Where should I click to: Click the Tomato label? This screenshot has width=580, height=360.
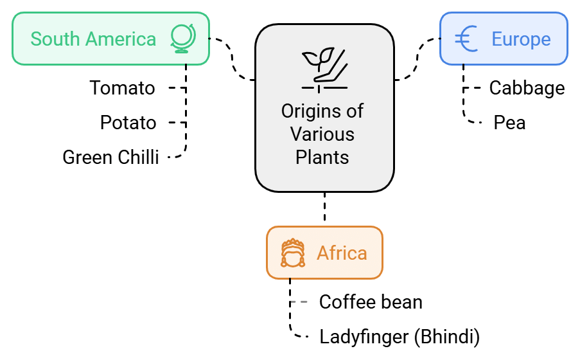pyautogui.click(x=122, y=88)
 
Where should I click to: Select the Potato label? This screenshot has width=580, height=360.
pyautogui.click(x=128, y=123)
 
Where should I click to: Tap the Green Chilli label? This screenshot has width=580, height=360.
pyautogui.click(x=110, y=157)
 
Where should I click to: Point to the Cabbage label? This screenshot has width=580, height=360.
pyautogui.click(x=527, y=88)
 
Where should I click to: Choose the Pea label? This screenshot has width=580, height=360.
pyautogui.click(x=509, y=123)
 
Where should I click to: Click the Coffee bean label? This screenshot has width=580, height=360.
pyautogui.click(x=371, y=301)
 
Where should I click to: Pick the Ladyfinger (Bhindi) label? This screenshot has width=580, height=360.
pyautogui.click(x=399, y=336)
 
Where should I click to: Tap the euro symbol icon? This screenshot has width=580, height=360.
pyautogui.click(x=466, y=39)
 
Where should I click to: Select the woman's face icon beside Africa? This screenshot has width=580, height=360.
pyautogui.click(x=292, y=253)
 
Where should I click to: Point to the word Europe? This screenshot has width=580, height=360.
pyautogui.click(x=521, y=39)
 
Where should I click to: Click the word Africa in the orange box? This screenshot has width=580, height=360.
pyautogui.click(x=342, y=253)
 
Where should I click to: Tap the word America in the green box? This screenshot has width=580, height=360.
pyautogui.click(x=121, y=39)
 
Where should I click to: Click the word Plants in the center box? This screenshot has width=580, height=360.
pyautogui.click(x=322, y=157)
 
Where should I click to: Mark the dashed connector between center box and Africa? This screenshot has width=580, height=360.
pyautogui.click(x=324, y=209)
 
